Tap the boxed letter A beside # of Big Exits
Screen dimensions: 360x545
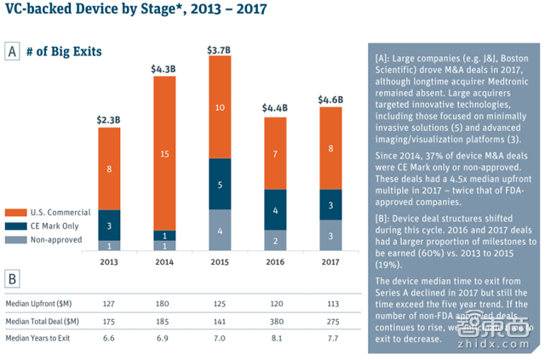coord(13,51)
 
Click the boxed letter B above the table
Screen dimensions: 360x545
coord(13,278)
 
